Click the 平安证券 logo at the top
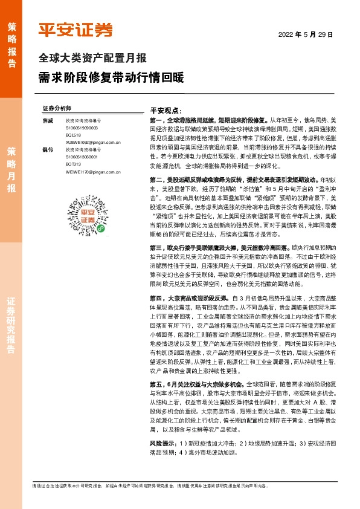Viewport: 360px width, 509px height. pyautogui.click(x=76, y=28)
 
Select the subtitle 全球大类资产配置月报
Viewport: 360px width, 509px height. pyautogui.click(x=92, y=59)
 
